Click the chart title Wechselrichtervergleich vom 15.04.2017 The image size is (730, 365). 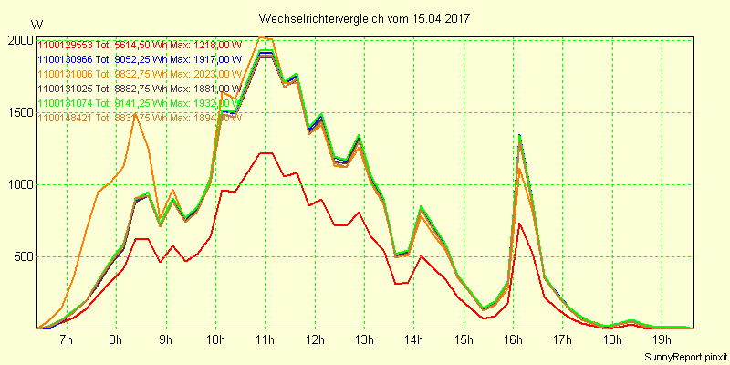[365, 18]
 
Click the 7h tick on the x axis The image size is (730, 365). [66, 340]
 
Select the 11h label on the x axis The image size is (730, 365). [265, 340]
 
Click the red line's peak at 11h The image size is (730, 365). [265, 153]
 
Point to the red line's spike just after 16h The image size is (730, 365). [519, 224]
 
